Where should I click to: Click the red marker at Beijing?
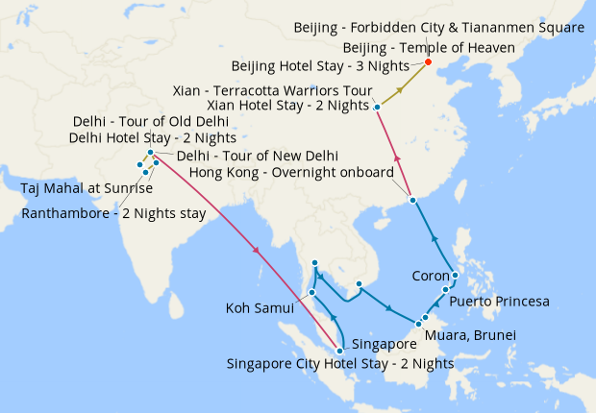pyautogui.click(x=428, y=63)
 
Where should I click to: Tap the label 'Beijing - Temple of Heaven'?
pyautogui.click(x=429, y=47)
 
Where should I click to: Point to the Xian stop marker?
pyautogui.click(x=378, y=107)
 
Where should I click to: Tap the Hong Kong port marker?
pyautogui.click(x=412, y=200)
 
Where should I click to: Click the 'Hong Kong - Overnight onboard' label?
pyautogui.click(x=291, y=172)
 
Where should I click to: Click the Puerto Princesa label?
pyautogui.click(x=499, y=302)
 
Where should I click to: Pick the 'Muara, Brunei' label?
pyautogui.click(x=477, y=335)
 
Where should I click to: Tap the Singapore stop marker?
pyautogui.click(x=339, y=351)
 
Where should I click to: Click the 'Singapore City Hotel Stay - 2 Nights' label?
pyautogui.click(x=339, y=363)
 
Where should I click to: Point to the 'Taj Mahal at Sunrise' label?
pyautogui.click(x=87, y=188)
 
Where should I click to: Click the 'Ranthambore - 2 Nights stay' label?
pyautogui.click(x=113, y=213)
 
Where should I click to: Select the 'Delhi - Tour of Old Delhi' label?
pyautogui.click(x=151, y=121)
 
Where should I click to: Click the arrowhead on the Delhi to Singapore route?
pyautogui.click(x=257, y=252)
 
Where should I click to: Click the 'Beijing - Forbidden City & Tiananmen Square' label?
pyautogui.click(x=438, y=28)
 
